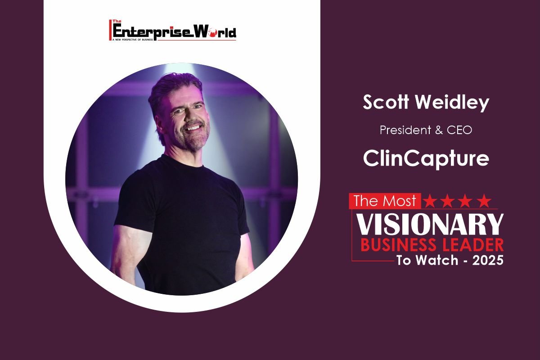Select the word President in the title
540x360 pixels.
[405, 130]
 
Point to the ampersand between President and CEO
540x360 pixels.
[439, 130]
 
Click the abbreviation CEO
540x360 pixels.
[459, 130]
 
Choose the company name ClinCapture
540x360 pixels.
[426, 159]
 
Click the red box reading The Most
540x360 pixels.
[385, 201]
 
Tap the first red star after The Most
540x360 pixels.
[430, 201]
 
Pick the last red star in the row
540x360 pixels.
[484, 201]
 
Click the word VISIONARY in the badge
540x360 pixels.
[430, 224]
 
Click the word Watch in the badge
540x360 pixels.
[437, 261]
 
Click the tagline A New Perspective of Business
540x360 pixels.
[133, 39]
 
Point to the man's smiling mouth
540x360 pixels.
[193, 127]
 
